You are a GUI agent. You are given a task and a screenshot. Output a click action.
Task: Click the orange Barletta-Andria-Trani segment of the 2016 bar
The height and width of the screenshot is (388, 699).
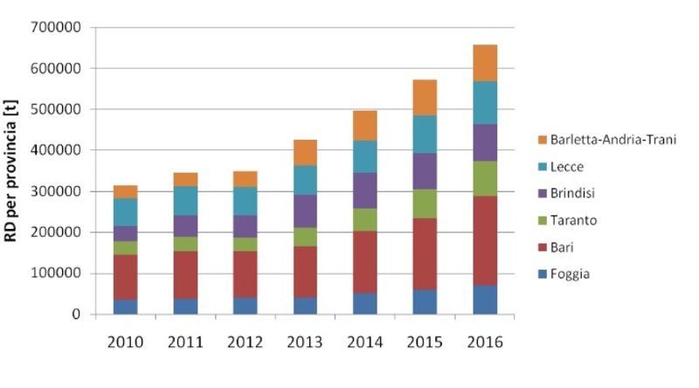pyautogui.click(x=484, y=63)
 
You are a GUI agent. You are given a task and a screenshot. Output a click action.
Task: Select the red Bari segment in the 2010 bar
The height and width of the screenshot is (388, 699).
pyautogui.click(x=127, y=277)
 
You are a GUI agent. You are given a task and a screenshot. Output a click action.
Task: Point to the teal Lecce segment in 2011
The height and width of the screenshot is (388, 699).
pyautogui.click(x=186, y=200)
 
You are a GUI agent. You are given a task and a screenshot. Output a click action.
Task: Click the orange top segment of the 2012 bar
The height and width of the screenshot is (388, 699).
pyautogui.click(x=246, y=179)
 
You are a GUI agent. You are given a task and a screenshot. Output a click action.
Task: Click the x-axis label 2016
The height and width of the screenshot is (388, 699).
pyautogui.click(x=484, y=342)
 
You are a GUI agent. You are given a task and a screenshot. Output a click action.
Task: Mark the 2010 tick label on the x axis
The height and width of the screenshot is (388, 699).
pyautogui.click(x=127, y=342)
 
